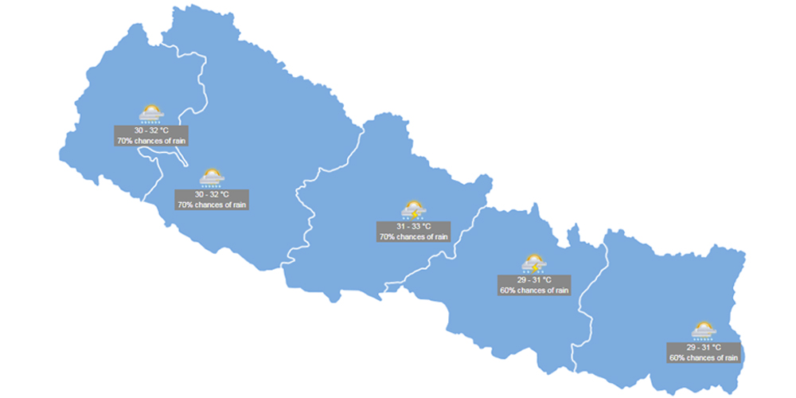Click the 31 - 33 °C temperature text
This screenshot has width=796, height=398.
(x=413, y=226)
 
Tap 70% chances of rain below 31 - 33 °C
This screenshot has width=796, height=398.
(x=413, y=236)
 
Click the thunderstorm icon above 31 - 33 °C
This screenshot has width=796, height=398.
(x=413, y=210)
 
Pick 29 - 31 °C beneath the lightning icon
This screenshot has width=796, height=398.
(x=534, y=280)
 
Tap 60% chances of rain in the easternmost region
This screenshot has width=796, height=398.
(x=704, y=358)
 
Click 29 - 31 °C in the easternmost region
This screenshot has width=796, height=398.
(x=704, y=348)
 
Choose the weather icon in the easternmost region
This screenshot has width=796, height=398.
(x=704, y=330)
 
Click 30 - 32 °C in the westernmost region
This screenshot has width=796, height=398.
(x=151, y=130)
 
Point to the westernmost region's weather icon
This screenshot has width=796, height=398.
(x=151, y=113)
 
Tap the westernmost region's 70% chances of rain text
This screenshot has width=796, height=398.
(x=151, y=140)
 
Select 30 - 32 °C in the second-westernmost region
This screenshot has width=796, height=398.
(x=212, y=194)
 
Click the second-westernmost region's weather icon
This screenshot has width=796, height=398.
(x=212, y=177)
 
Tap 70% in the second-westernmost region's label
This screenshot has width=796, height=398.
(x=185, y=205)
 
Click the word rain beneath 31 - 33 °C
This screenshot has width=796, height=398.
(x=439, y=236)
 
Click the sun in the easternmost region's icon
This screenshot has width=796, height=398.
(x=704, y=326)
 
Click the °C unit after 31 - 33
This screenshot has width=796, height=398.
(x=426, y=226)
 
